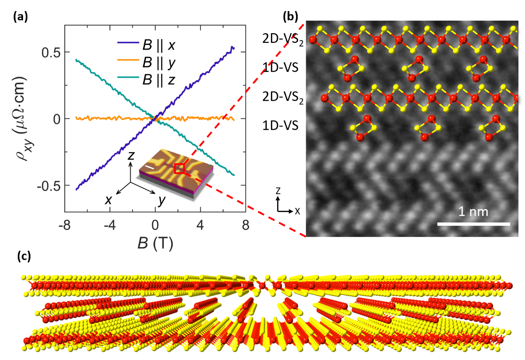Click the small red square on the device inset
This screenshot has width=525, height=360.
(179, 169)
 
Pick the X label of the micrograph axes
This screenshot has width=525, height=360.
(297, 211)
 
